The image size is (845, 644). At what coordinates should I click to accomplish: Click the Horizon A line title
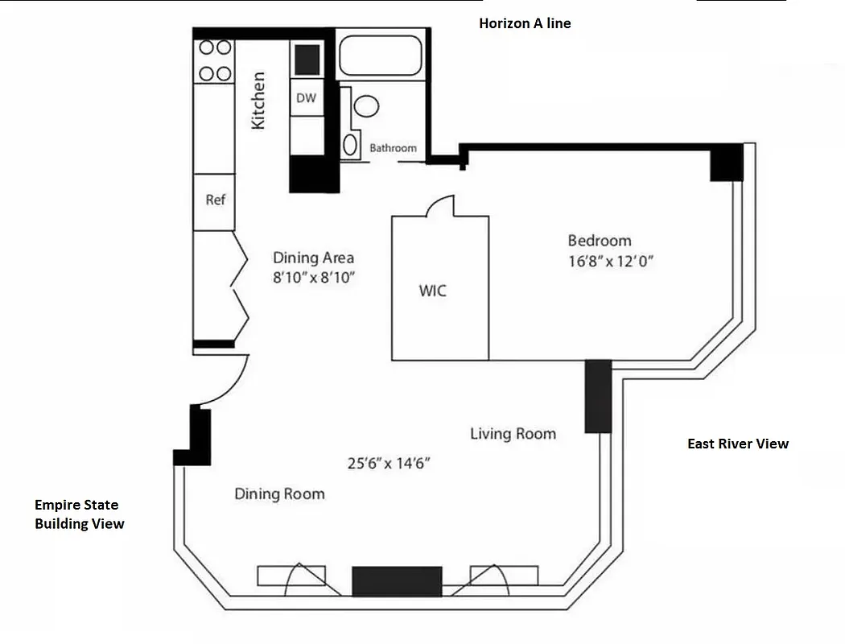tap(525, 23)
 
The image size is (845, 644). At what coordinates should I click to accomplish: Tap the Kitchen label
tap(258, 101)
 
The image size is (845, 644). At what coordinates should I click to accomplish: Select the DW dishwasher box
tap(306, 98)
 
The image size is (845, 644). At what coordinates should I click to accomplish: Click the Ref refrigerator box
tap(215, 200)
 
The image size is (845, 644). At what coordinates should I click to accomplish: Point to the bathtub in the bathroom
tap(381, 56)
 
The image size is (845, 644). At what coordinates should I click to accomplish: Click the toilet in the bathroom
tap(366, 105)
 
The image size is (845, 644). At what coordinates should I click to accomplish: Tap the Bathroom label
tap(393, 148)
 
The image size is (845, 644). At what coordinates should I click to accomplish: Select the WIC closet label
tap(432, 291)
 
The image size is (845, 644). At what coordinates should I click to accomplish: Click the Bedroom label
tap(600, 240)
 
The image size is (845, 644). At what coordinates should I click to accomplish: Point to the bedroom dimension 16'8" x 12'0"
tap(611, 262)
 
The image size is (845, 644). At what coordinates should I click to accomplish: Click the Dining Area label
tap(313, 258)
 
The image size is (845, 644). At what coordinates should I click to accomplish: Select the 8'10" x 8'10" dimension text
tap(314, 278)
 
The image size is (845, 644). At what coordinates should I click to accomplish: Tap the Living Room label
tap(513, 434)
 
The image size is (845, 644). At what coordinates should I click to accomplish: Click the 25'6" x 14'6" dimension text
tap(390, 464)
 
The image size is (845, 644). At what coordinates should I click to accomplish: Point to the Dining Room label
tap(279, 493)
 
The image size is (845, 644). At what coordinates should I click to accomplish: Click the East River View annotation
tap(738, 444)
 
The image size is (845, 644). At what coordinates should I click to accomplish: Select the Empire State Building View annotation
tap(79, 514)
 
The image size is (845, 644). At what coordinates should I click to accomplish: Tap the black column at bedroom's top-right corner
tap(727, 163)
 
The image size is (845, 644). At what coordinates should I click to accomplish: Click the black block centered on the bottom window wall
tap(397, 581)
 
